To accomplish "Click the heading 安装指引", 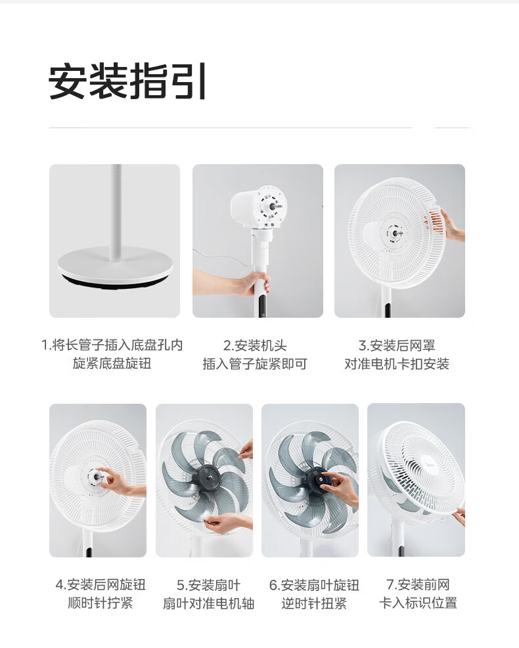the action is coord(127,81).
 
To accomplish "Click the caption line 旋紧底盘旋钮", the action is coord(112,363).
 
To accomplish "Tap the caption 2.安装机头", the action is coord(255,345).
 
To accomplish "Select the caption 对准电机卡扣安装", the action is coord(397,364).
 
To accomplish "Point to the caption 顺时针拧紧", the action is coord(101,603).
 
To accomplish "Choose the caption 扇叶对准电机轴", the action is coord(208,603).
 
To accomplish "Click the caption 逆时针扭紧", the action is coord(314,603).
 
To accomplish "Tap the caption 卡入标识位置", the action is coord(418,603).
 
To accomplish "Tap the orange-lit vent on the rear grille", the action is coord(435,223).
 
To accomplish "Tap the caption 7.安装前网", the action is coord(418,585).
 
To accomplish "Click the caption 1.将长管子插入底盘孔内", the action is coord(112,345).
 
